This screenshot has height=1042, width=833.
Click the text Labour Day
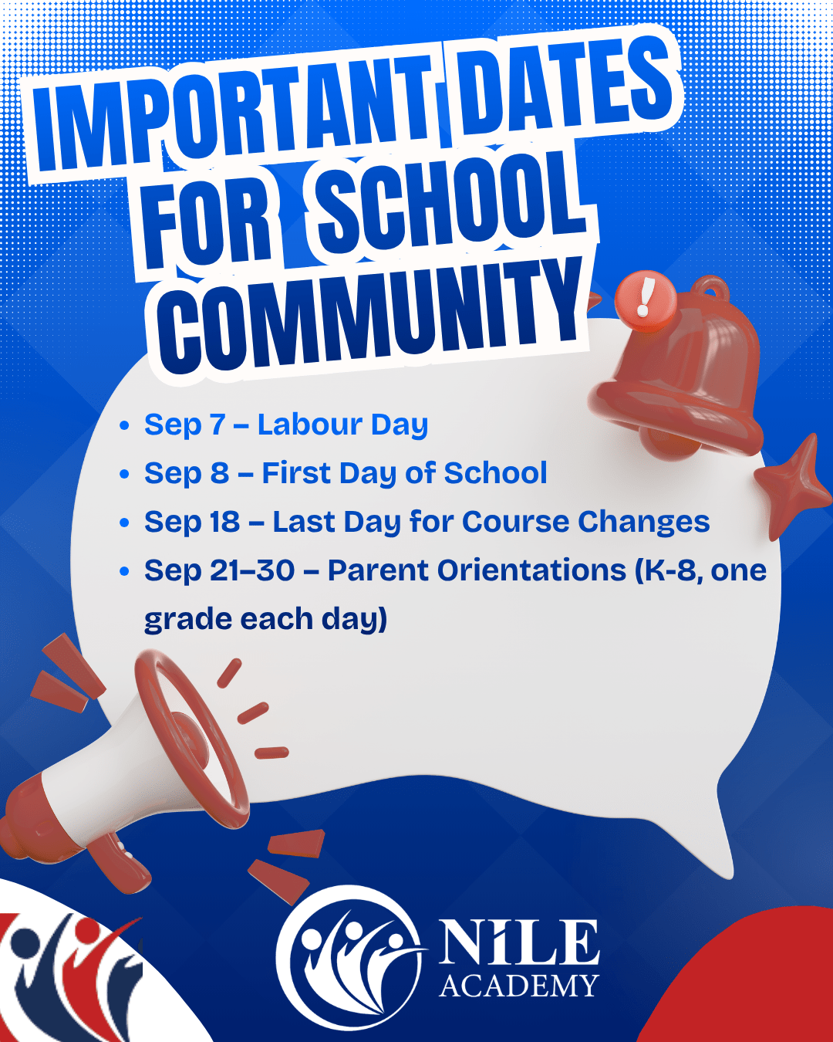point(342,425)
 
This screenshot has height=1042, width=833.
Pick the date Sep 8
point(187,474)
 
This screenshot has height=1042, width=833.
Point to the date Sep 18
point(192,523)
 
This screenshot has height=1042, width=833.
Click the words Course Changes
point(585,522)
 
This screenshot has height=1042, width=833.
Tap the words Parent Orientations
point(477,570)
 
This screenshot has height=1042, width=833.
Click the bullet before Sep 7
point(124,425)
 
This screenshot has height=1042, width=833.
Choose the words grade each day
point(266,619)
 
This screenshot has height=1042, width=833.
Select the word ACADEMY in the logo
point(519,986)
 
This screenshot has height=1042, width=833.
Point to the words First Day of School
point(405,473)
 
